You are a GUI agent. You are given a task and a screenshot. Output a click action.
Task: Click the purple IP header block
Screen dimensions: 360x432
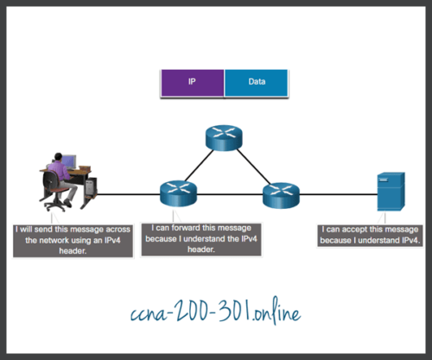coord(192,83)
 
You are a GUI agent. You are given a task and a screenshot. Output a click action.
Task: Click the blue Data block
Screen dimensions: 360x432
coord(256,83)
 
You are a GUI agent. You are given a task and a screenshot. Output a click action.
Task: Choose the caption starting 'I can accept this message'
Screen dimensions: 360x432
coord(370,236)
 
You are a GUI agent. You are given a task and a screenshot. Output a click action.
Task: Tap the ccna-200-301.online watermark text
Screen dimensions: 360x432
coord(216,313)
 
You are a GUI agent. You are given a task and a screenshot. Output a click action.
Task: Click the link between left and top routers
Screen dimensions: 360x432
coord(198,165)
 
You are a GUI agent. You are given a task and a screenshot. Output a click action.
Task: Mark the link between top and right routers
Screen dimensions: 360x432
coord(251,165)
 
